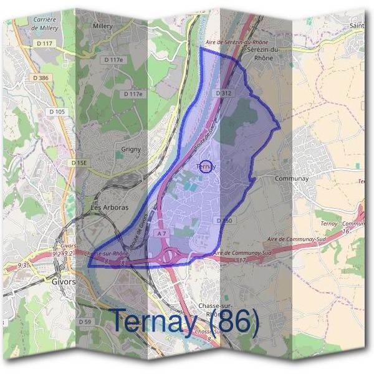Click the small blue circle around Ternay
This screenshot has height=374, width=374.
click(x=207, y=166)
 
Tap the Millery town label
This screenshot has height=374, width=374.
click(x=102, y=27)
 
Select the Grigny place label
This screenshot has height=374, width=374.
click(x=131, y=150)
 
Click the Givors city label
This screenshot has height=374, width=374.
click(x=64, y=281)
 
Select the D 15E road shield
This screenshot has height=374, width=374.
click(x=80, y=163)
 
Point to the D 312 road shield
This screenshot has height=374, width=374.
click(x=224, y=93)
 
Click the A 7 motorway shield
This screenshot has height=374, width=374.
click(x=162, y=233)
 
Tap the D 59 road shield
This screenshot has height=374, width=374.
click(x=85, y=322)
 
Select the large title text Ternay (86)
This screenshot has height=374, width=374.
click(x=185, y=321)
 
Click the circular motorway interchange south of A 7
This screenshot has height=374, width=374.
click(x=168, y=256)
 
